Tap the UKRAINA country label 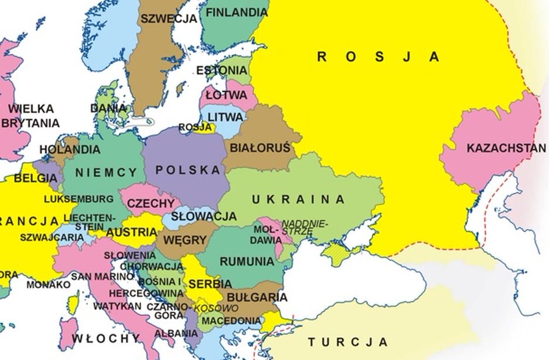coord(299,199)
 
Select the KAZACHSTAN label coord(506,148)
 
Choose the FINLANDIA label coord(236,12)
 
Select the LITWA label coord(225,117)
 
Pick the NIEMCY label coord(106,172)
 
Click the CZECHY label coord(151,203)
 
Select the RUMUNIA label coord(246,261)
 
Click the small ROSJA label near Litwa coord(195,127)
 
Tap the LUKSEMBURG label coord(79,199)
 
